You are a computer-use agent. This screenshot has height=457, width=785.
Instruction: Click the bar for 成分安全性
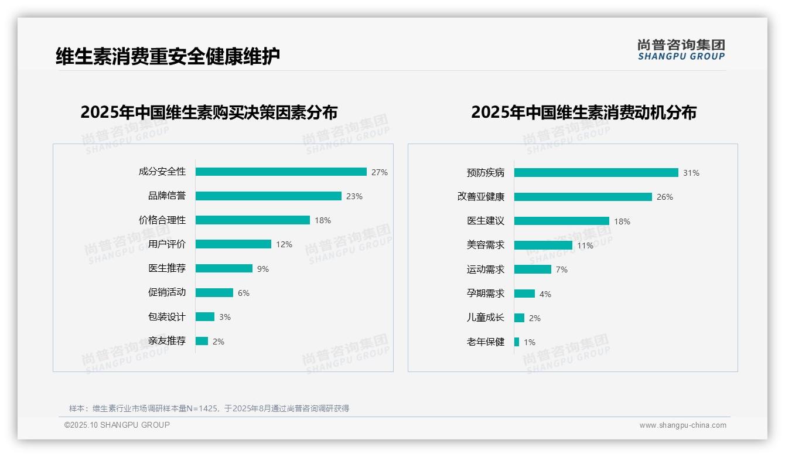click(281, 172)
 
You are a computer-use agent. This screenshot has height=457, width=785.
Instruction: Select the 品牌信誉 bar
click(268, 196)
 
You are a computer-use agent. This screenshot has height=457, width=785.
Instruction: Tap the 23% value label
click(354, 196)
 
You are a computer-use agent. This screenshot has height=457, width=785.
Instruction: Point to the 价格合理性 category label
click(162, 220)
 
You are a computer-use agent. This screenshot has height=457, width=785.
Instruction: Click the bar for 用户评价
click(233, 244)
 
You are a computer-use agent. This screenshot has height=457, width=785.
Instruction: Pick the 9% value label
click(262, 269)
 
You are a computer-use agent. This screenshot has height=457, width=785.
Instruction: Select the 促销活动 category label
click(167, 292)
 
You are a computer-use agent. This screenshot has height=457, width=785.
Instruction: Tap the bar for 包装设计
click(205, 317)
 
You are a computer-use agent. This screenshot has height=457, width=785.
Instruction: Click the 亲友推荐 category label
click(167, 341)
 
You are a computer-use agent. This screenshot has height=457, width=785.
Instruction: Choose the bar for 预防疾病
click(596, 173)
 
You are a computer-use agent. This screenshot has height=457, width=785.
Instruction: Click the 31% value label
click(691, 173)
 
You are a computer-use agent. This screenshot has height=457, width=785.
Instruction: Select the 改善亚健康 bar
click(583, 197)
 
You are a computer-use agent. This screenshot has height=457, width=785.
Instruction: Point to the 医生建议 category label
click(486, 221)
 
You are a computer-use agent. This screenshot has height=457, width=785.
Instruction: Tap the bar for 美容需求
click(543, 245)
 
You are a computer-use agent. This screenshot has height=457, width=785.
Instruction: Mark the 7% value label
click(561, 270)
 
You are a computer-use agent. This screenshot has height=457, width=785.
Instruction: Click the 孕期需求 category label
click(486, 294)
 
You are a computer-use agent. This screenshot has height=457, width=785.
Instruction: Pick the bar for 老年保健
click(517, 342)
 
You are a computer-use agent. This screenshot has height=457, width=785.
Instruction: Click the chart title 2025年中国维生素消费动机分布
click(583, 112)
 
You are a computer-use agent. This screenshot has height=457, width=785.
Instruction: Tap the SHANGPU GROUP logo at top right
click(681, 50)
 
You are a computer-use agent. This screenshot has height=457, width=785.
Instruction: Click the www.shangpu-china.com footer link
click(682, 425)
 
